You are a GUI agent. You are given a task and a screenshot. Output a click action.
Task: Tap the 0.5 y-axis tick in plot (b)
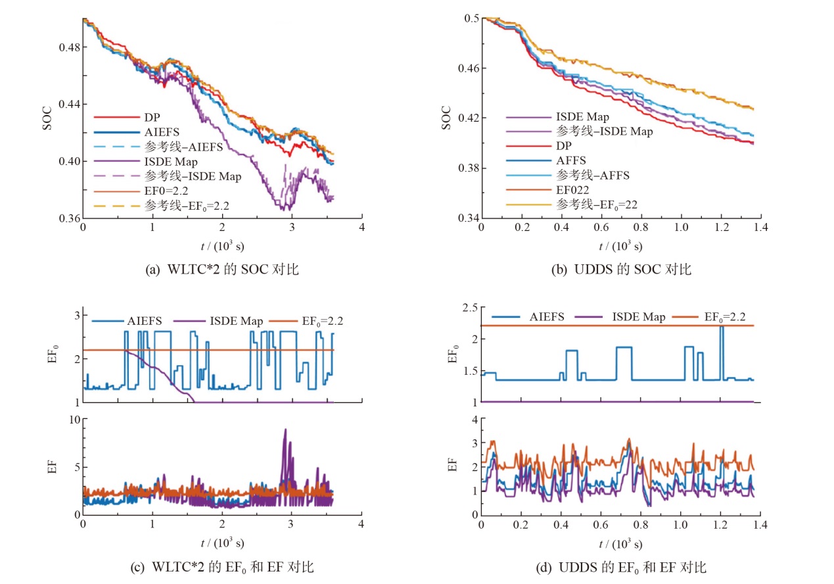pos(470,18)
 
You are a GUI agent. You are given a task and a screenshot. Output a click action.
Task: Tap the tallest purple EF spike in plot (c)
pos(285,430)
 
